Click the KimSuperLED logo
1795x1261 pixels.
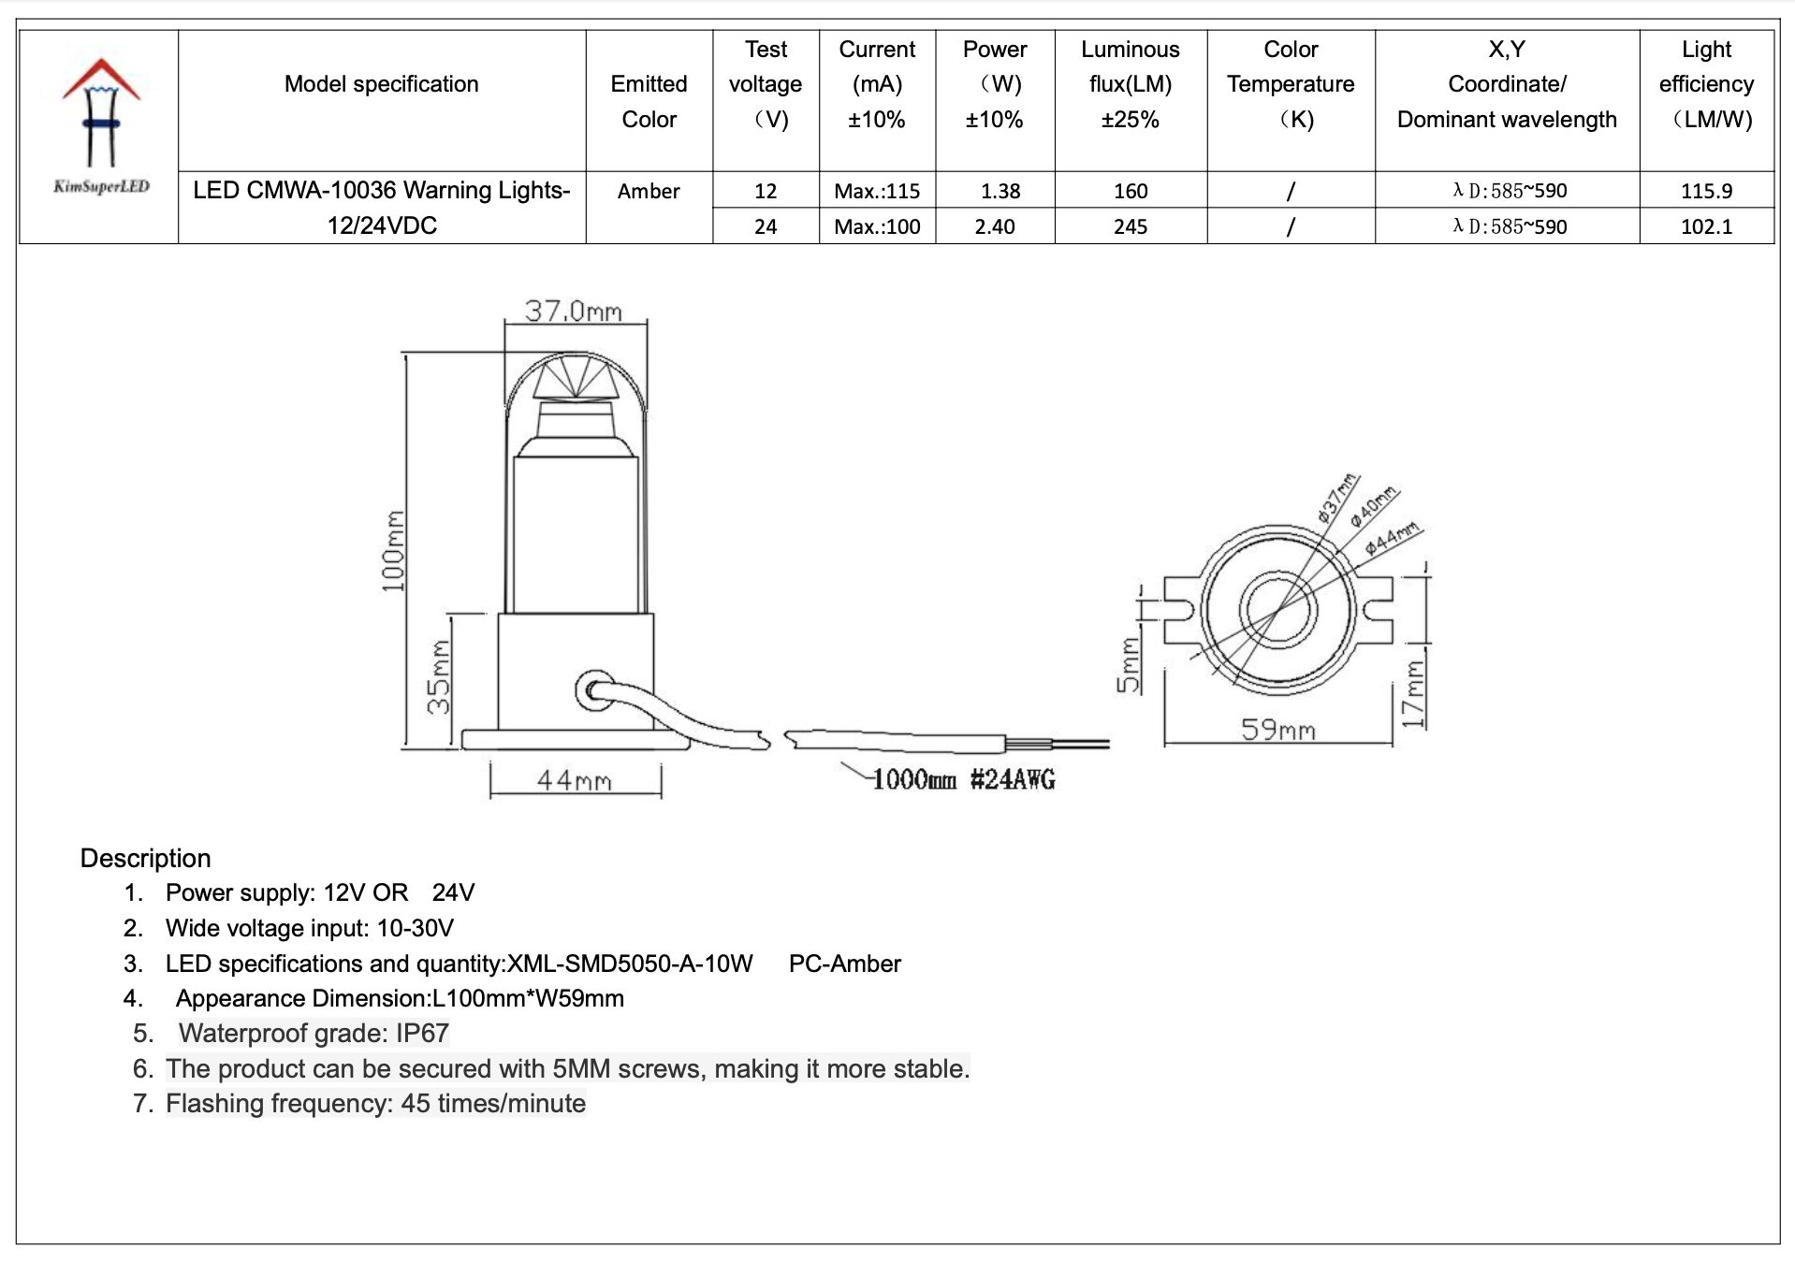pos(101,125)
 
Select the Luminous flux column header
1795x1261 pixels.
pos(1130,84)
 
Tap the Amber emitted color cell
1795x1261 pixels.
pos(649,191)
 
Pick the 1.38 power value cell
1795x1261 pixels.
pos(1000,191)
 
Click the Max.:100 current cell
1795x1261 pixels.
pos(877,226)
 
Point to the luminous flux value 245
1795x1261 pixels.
pos(1131,226)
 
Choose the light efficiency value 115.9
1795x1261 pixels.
pos(1706,191)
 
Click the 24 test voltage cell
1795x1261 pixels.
pos(766,226)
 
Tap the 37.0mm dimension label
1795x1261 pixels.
pos(573,310)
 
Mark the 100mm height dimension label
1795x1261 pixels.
pos(393,551)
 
